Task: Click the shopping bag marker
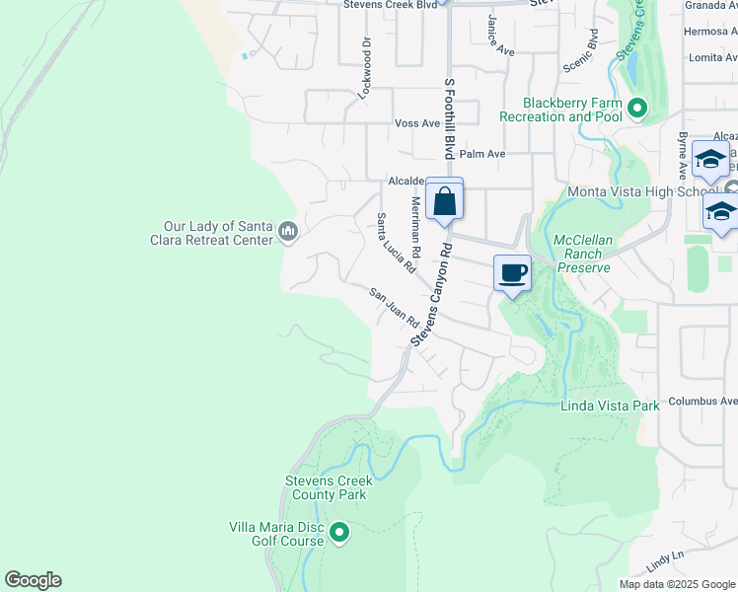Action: click(x=444, y=200)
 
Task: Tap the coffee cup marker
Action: click(x=512, y=273)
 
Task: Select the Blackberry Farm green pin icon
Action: click(x=637, y=109)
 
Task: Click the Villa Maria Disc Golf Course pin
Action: click(x=339, y=534)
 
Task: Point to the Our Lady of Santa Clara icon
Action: click(x=288, y=232)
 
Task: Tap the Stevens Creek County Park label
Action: click(x=326, y=487)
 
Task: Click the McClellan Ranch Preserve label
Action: click(x=581, y=254)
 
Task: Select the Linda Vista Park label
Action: click(x=609, y=406)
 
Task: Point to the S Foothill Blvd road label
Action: click(x=449, y=118)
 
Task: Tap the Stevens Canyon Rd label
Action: click(x=431, y=295)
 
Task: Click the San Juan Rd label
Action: click(x=395, y=308)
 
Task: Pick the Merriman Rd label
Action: click(x=415, y=227)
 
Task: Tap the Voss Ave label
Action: click(x=416, y=123)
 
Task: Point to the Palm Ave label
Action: click(x=482, y=154)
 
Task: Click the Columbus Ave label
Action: click(x=702, y=402)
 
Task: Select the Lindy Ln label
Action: click(x=665, y=561)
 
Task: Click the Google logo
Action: click(x=33, y=580)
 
